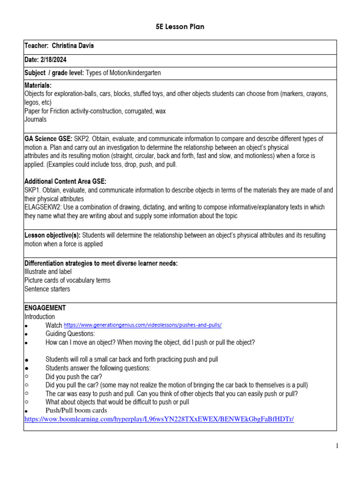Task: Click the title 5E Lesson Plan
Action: click(x=180, y=27)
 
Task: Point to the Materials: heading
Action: click(x=38, y=85)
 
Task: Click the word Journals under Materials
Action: click(x=36, y=120)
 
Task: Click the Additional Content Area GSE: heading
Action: click(x=65, y=181)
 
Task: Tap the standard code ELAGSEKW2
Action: click(x=45, y=207)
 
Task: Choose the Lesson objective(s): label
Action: click(x=52, y=235)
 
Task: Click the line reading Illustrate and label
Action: click(x=48, y=272)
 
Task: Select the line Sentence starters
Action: click(x=47, y=289)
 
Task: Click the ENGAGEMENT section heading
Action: click(x=45, y=308)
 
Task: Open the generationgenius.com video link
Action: click(x=142, y=325)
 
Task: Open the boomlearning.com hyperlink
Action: click(x=159, y=419)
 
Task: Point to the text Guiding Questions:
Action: click(x=70, y=334)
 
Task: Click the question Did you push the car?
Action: click(x=73, y=376)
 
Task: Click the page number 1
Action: click(x=337, y=446)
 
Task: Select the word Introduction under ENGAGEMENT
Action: click(x=39, y=317)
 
